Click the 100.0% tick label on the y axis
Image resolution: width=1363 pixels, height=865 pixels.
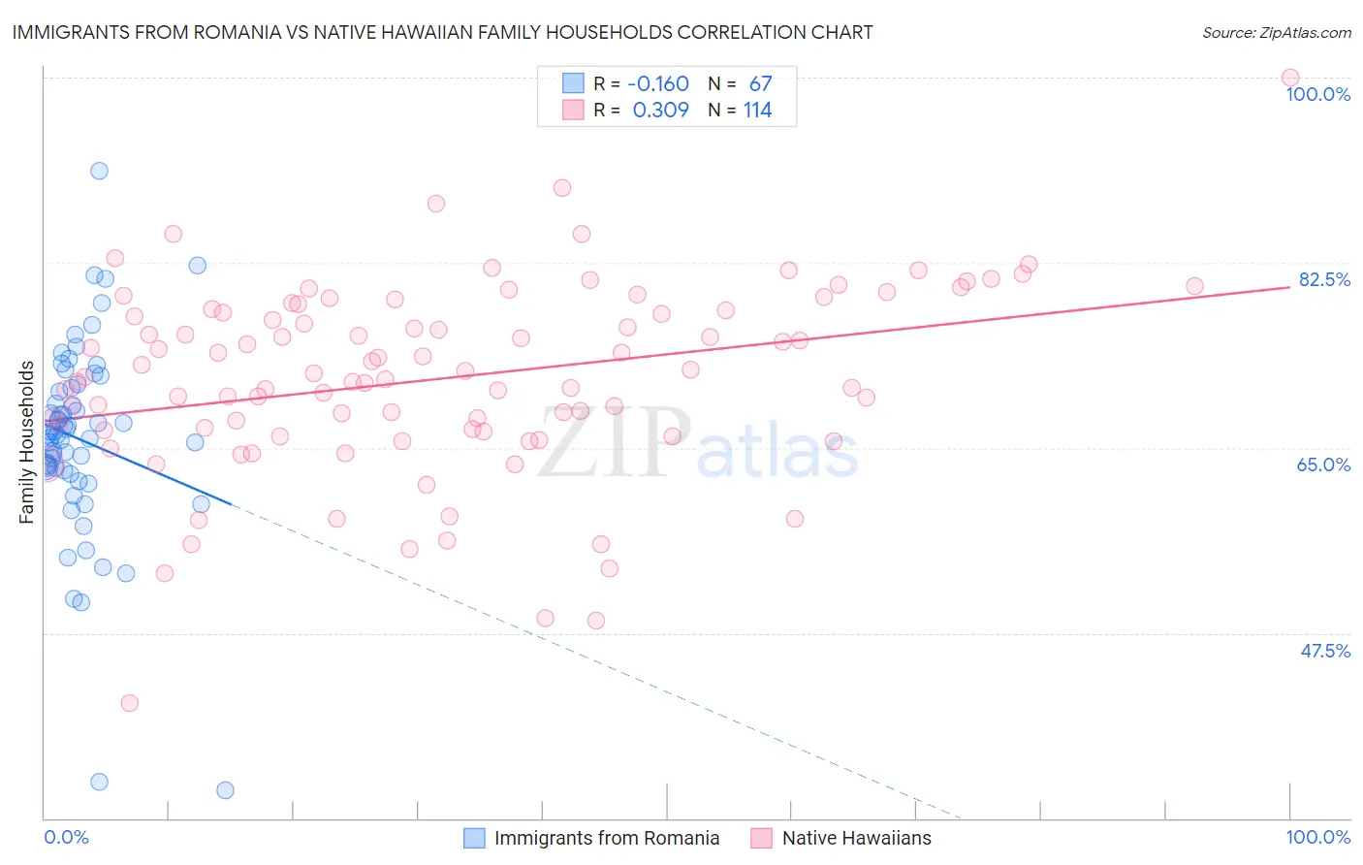tap(1317, 94)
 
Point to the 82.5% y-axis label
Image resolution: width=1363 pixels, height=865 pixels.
tap(1324, 279)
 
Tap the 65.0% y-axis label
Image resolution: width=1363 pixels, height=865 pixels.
tap(1323, 465)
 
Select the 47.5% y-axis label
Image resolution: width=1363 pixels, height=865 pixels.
tap(1325, 651)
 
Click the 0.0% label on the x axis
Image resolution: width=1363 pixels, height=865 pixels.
tap(66, 837)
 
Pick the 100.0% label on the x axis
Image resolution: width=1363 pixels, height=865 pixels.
tap(1317, 837)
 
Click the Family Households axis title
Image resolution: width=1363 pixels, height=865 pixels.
tap(27, 442)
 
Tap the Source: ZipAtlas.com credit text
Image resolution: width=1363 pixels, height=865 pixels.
tap(1276, 33)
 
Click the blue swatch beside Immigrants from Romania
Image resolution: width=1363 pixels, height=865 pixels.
tap(474, 838)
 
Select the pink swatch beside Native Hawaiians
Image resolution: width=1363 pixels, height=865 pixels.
tap(761, 838)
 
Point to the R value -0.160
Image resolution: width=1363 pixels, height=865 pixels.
tap(658, 84)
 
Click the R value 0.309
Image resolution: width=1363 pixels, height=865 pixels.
tap(660, 111)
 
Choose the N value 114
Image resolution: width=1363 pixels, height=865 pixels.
tap(757, 111)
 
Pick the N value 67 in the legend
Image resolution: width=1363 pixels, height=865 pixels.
tap(760, 84)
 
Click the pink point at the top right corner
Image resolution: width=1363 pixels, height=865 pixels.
tap(1289, 78)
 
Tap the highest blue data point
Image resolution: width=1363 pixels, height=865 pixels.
tap(99, 171)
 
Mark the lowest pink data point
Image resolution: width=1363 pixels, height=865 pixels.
tap(129, 703)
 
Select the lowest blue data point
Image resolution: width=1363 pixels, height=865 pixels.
tap(225, 790)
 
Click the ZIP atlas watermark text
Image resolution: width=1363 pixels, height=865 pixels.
tap(698, 443)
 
